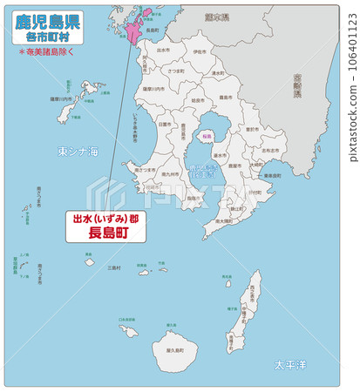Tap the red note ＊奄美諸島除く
(x=48, y=52)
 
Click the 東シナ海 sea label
(x=78, y=152)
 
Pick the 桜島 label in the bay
(x=207, y=137)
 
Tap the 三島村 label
(x=113, y=267)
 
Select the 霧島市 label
(x=224, y=98)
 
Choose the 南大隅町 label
(x=221, y=221)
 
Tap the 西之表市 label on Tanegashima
(x=254, y=287)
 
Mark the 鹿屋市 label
(x=234, y=165)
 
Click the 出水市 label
(x=162, y=50)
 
